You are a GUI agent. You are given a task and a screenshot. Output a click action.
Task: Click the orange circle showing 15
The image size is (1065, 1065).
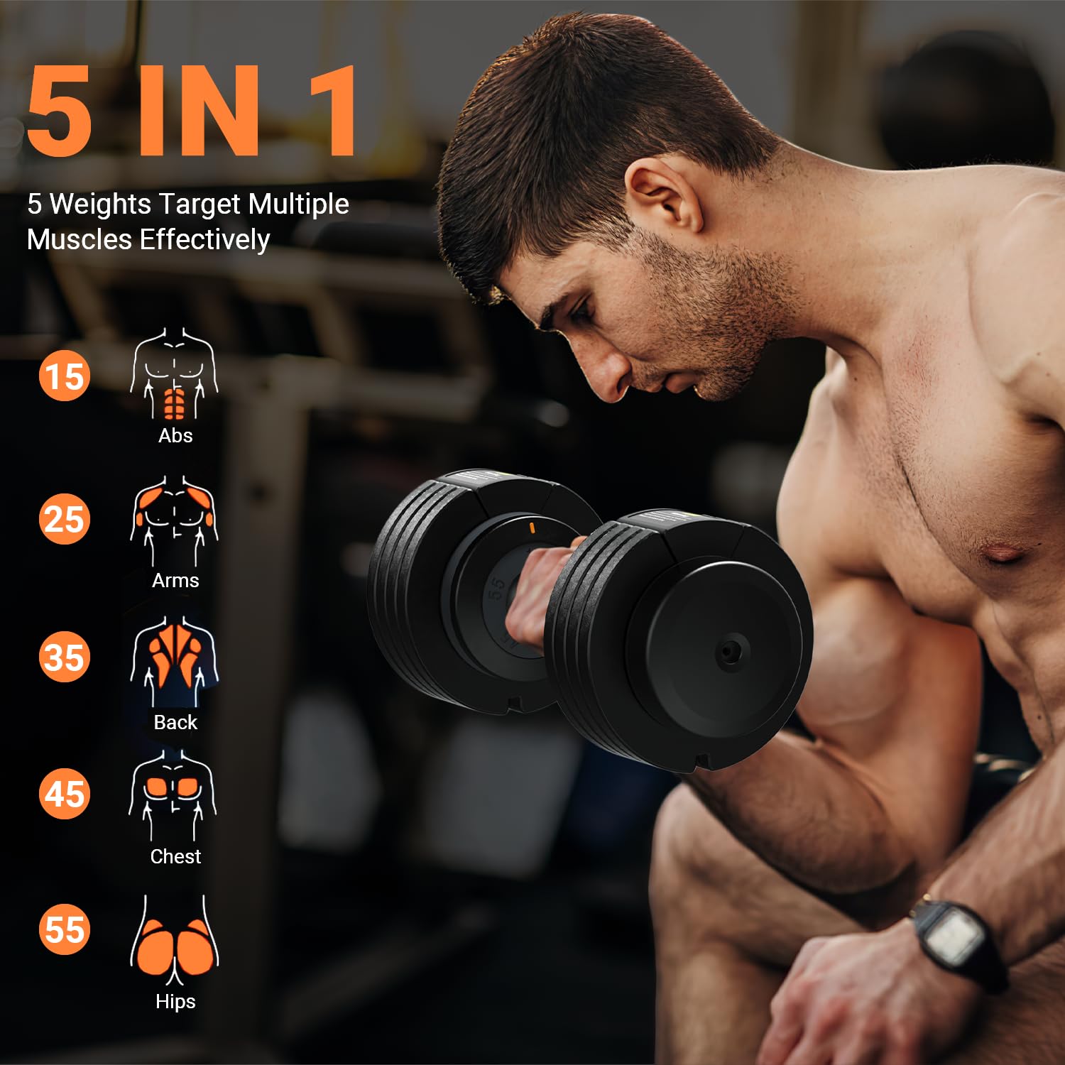[x=65, y=376]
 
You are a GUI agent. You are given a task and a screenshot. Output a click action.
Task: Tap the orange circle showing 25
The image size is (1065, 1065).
[x=65, y=519]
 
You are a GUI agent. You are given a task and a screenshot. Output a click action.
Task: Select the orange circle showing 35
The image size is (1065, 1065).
[x=65, y=657]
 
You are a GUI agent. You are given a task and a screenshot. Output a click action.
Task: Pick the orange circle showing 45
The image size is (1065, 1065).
[x=65, y=794]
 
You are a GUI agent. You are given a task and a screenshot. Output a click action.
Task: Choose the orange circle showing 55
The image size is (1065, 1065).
[x=65, y=929]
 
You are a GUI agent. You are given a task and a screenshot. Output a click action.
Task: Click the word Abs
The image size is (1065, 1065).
[x=175, y=435]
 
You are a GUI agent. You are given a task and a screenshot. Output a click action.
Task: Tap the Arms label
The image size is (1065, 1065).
[x=175, y=580]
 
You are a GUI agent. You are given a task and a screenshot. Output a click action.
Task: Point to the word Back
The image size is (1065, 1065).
[x=175, y=722]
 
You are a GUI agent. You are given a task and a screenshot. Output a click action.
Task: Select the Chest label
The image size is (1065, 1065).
[x=175, y=856]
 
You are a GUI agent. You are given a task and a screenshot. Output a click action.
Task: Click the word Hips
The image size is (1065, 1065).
[x=175, y=1002]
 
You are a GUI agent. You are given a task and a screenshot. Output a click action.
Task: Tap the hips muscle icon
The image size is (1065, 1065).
[x=175, y=941]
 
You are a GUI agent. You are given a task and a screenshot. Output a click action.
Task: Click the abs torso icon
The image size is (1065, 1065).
[x=174, y=374]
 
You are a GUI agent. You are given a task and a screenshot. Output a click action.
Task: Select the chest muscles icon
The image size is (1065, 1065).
[x=173, y=795]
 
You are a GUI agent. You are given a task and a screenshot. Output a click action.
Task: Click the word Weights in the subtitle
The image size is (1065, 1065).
[x=100, y=204]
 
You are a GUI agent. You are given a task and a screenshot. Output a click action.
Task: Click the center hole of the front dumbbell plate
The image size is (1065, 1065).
[x=728, y=652]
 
